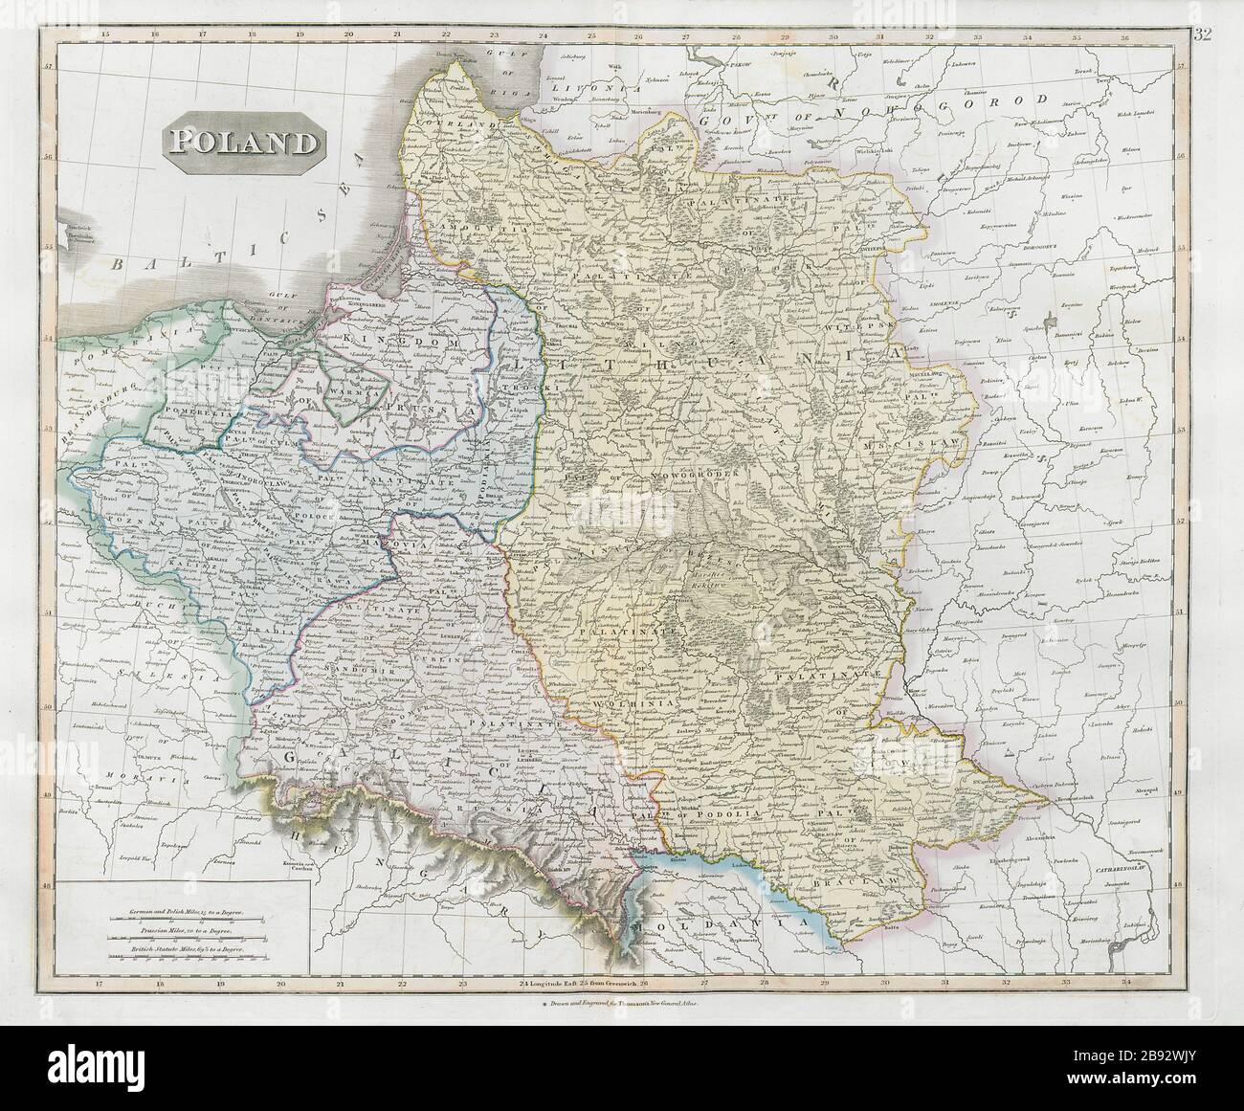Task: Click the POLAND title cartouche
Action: [x=243, y=143]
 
